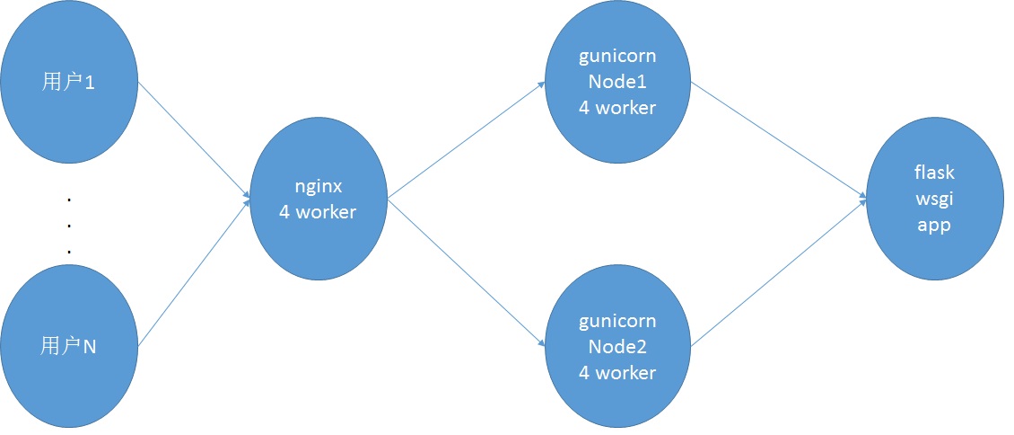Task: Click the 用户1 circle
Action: coord(69,83)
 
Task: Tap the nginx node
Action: coord(318,199)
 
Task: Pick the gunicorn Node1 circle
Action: coord(617,82)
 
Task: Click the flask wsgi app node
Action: coord(934,199)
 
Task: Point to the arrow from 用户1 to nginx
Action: coord(193,138)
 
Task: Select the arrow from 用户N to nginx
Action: coord(193,272)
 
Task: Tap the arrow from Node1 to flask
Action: coord(779,139)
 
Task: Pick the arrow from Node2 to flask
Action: coord(779,274)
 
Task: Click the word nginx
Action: coord(318,187)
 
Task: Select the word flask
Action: coord(934,173)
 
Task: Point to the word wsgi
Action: coord(934,200)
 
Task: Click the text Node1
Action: coord(617,82)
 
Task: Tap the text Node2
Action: coord(617,347)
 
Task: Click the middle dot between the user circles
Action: coord(68,226)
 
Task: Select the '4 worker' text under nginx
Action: coord(318,212)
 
